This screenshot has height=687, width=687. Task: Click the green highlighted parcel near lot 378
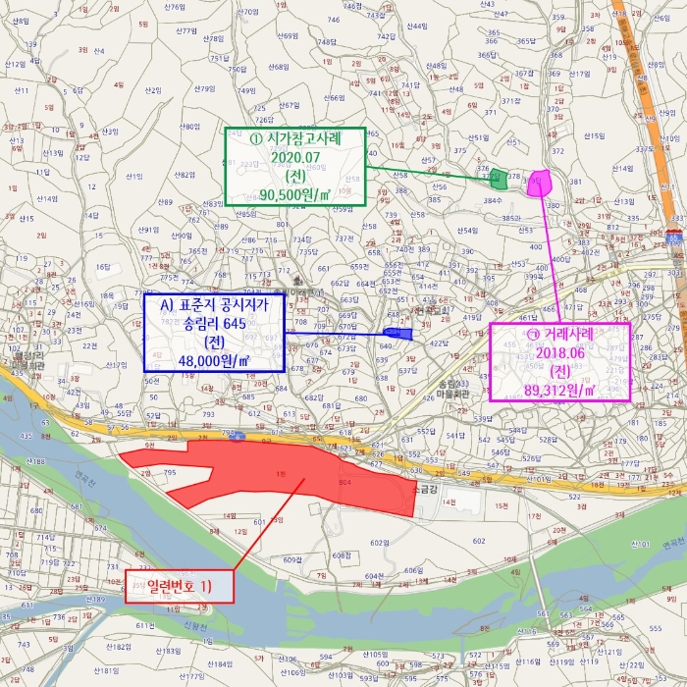pyautogui.click(x=499, y=179)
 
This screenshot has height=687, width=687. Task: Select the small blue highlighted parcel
pyautogui.click(x=398, y=335)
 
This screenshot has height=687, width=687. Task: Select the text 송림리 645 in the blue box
pyautogui.click(x=214, y=323)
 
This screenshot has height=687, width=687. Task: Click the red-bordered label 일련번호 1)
pyautogui.click(x=180, y=587)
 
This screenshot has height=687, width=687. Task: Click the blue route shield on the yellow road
pyautogui.click(x=236, y=435)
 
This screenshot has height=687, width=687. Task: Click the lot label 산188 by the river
pyautogui.click(x=35, y=460)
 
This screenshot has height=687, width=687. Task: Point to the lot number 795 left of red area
pyautogui.click(x=169, y=473)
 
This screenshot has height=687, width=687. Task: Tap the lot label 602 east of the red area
pyautogui.click(x=478, y=541)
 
